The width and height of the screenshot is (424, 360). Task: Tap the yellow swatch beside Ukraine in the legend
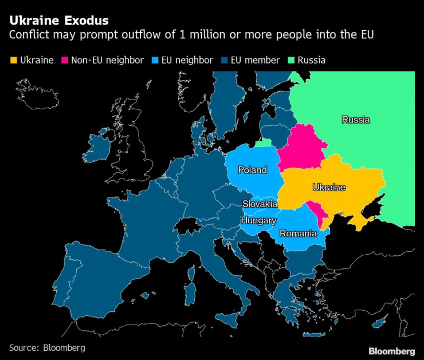click(13, 60)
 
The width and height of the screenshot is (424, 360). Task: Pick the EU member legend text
click(255, 60)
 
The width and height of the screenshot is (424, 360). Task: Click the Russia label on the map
click(355, 120)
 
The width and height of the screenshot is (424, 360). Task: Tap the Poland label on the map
click(252, 170)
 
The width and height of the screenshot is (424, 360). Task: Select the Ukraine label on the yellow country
click(329, 187)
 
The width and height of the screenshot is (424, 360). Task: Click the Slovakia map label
click(260, 204)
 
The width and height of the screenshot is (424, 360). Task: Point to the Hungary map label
click(258, 220)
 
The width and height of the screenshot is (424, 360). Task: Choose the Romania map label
click(298, 233)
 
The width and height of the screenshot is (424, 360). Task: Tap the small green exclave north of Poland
click(264, 143)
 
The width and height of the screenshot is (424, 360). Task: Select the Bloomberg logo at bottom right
click(391, 351)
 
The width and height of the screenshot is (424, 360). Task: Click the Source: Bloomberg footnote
click(46, 347)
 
